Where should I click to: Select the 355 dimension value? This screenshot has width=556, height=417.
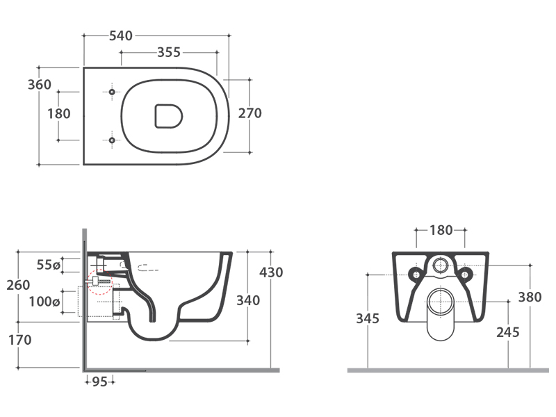[x=169, y=52]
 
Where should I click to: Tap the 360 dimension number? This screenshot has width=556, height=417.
[x=40, y=85]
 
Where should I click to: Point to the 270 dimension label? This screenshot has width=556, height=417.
[x=250, y=113]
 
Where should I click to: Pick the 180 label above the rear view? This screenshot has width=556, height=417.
[x=441, y=230]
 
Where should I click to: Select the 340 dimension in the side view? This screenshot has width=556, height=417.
[x=248, y=300]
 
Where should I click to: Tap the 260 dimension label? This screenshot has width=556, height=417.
[x=19, y=284]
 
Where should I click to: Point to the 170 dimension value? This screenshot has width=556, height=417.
[x=19, y=341]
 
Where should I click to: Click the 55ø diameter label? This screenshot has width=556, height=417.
[x=48, y=264]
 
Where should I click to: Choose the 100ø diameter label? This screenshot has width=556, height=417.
[x=44, y=302]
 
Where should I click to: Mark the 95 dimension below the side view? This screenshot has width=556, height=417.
[x=99, y=381]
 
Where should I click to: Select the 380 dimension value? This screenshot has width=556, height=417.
[x=530, y=297]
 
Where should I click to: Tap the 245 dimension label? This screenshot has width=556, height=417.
[x=508, y=332]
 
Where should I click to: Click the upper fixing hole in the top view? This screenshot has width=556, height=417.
[x=112, y=91]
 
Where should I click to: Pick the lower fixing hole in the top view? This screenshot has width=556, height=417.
[x=112, y=141]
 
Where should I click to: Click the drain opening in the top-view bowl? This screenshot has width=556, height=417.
[x=168, y=116]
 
